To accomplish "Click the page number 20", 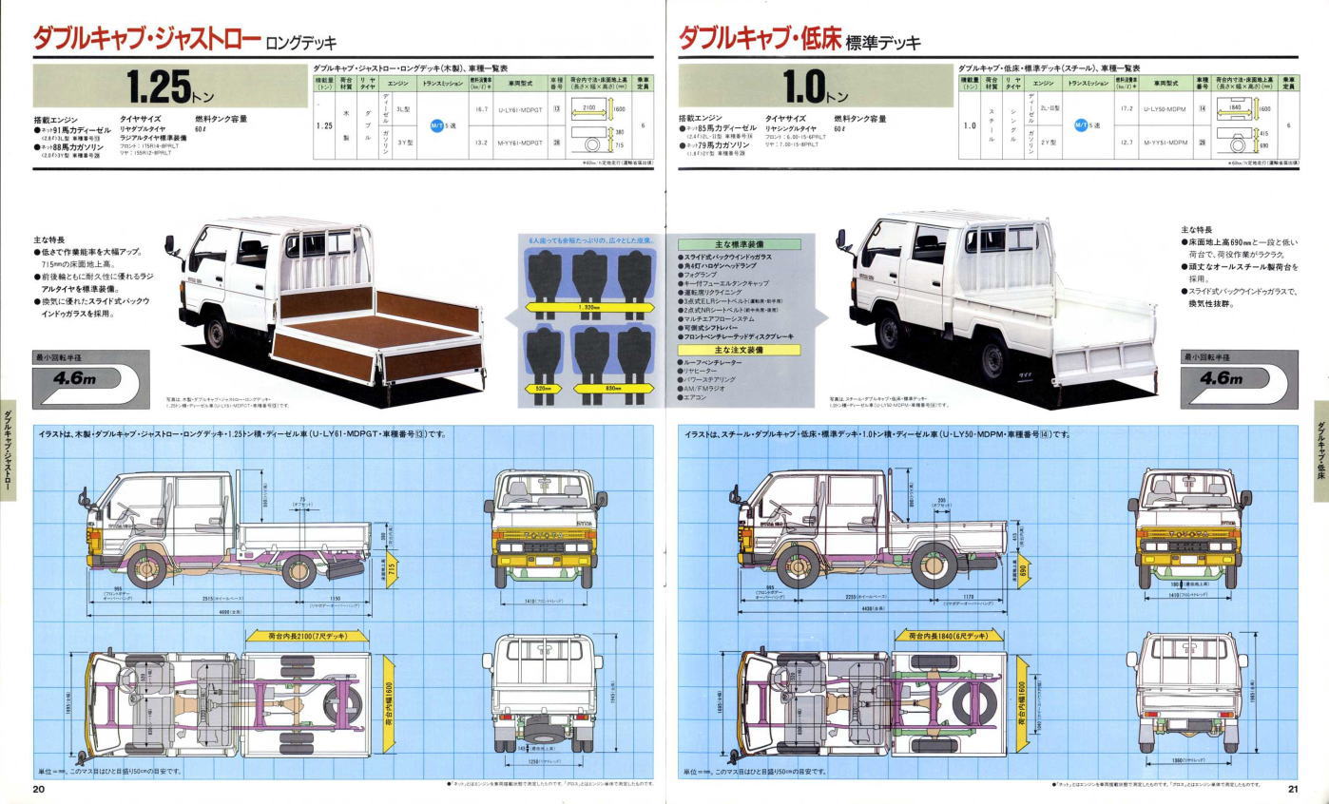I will coord(39,789).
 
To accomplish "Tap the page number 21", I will coord(1293,789).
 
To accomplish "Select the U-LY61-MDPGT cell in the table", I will coord(519,110).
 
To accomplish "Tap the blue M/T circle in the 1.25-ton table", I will coord(438,125).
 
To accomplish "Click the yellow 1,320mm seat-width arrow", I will coord(589,308).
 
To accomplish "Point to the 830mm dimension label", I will coord(615,389).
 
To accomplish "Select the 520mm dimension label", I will coord(543,389).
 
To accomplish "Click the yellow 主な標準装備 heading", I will coord(739,244).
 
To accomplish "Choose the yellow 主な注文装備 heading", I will coord(739,350).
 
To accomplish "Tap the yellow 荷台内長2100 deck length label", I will coord(305,635).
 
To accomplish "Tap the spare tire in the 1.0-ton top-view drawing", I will coord(969,701).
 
